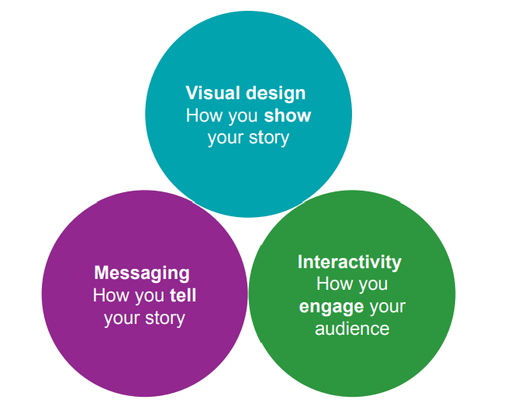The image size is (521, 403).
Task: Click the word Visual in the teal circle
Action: [x=213, y=93]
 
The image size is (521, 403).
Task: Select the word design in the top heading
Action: [x=276, y=94]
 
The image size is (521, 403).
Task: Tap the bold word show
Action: [x=288, y=115]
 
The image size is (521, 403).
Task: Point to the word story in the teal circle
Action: [x=269, y=138]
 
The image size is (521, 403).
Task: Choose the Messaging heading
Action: [x=142, y=274]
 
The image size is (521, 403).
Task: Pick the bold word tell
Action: [x=183, y=295]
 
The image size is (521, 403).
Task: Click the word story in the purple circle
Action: [x=165, y=319]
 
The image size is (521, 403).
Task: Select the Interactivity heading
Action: [x=350, y=262]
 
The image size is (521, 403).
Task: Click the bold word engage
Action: [x=331, y=308]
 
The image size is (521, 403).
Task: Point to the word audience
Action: [x=352, y=329]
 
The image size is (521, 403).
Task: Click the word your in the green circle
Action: [x=388, y=308]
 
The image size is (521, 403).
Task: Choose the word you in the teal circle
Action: [x=243, y=117]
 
